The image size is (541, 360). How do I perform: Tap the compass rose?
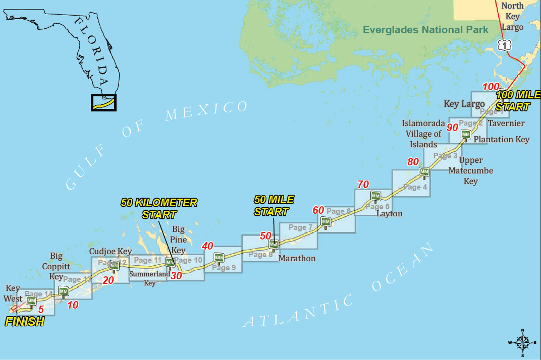(x=522, y=342)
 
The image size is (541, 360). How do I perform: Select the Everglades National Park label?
(x=425, y=30)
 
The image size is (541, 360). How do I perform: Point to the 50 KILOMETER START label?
(x=159, y=208)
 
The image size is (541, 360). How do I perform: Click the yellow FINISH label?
(x=24, y=322)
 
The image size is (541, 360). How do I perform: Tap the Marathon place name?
(x=297, y=258)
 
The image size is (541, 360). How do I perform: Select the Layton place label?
(x=390, y=213)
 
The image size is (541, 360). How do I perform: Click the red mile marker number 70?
(x=363, y=185)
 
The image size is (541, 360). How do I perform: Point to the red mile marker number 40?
(x=207, y=246)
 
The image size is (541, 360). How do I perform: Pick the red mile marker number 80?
(x=413, y=162)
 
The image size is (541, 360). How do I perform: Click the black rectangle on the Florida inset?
(x=103, y=103)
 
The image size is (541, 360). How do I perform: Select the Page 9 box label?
(x=224, y=268)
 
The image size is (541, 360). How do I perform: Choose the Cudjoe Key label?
(x=111, y=251)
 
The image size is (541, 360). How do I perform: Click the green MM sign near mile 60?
(x=326, y=221)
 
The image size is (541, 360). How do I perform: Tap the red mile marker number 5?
(x=41, y=310)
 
